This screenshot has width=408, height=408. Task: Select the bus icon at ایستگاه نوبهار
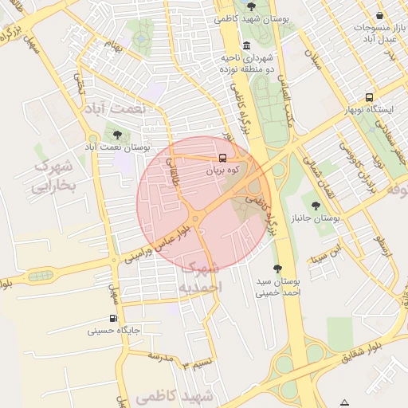[x=368, y=96]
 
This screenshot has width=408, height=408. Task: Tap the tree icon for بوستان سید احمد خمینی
[x=277, y=269]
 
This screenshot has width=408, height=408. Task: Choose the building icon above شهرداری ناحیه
[x=246, y=45]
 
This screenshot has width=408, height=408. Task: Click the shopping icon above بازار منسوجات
[x=379, y=15]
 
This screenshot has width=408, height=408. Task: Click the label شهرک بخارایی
[x=53, y=177]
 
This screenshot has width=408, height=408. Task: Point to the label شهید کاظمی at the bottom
[x=175, y=396]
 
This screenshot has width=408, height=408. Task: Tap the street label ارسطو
[x=386, y=243]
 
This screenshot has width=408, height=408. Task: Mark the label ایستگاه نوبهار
[x=367, y=110]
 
